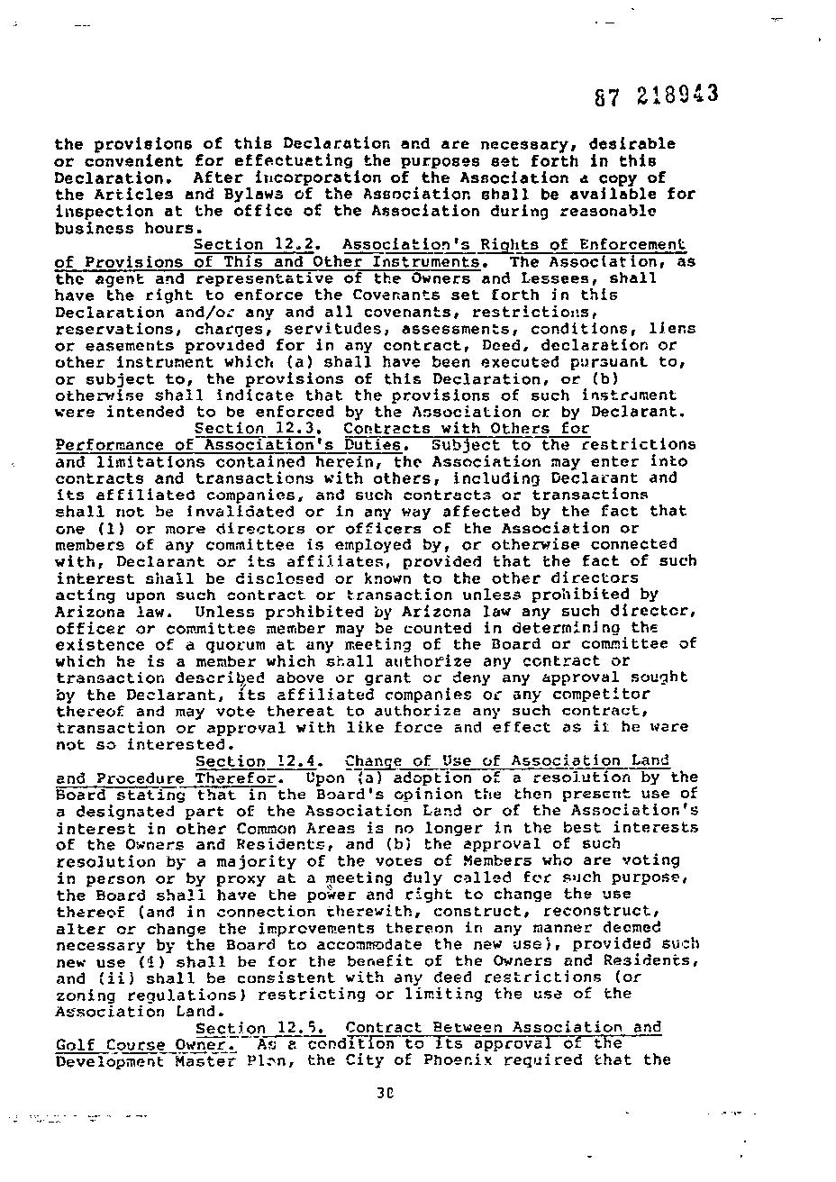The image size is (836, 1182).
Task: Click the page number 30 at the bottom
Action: coord(387,1095)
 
